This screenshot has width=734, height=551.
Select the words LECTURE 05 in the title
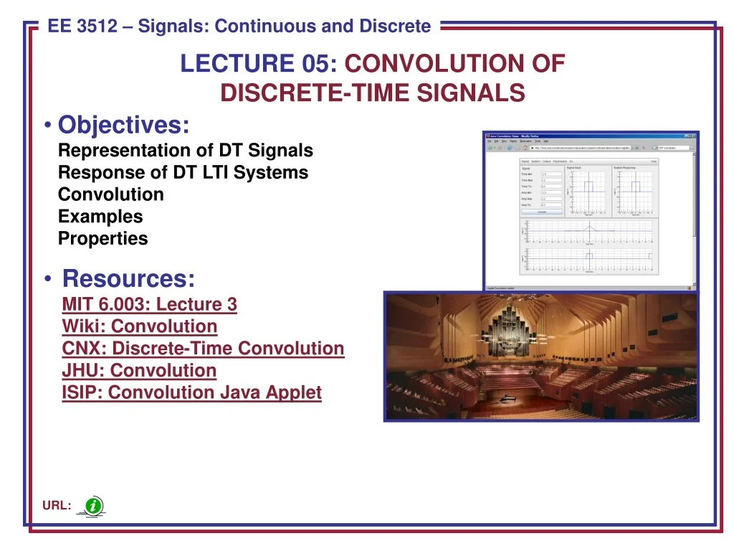click(x=259, y=64)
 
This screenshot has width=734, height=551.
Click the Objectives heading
click(x=124, y=125)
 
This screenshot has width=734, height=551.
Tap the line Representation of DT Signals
click(x=186, y=151)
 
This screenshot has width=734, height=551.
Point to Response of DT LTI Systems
click(x=183, y=173)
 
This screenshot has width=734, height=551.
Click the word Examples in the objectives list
click(x=100, y=217)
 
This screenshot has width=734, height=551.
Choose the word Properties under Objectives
click(x=103, y=239)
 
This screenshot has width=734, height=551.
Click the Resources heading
click(x=128, y=278)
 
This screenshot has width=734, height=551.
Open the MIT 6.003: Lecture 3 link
click(x=149, y=304)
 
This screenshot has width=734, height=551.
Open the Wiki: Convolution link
click(x=140, y=326)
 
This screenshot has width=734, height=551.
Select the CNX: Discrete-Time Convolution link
click(x=203, y=349)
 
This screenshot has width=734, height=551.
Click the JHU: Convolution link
click(x=139, y=371)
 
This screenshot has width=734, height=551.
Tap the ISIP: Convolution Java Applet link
click(x=191, y=393)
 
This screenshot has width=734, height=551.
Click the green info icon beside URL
click(x=93, y=507)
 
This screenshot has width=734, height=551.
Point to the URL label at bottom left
click(x=56, y=507)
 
